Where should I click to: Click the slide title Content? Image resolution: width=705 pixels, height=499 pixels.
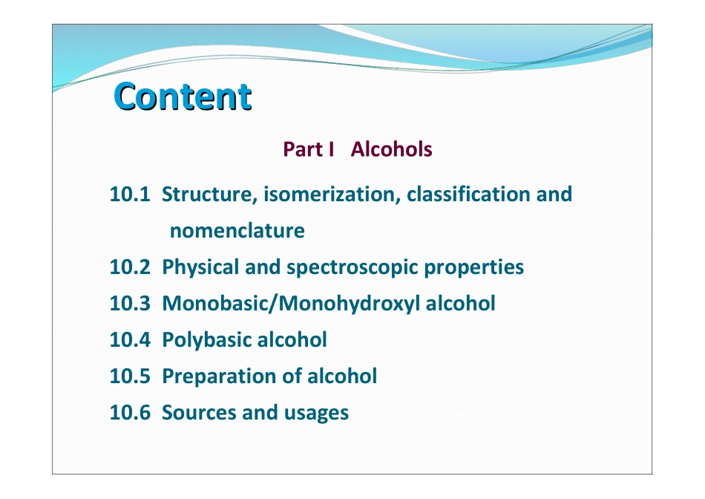(183, 97)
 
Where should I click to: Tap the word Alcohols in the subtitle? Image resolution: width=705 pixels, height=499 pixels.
(391, 149)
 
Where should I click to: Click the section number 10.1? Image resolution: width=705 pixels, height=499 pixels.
(130, 195)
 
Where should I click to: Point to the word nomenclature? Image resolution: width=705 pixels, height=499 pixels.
(237, 231)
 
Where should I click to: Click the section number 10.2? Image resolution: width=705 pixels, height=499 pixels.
(130, 267)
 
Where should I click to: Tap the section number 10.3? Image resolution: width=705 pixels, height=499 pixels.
(130, 304)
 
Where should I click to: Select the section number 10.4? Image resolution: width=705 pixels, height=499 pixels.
(130, 340)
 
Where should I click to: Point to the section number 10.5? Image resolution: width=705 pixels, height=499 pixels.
(130, 376)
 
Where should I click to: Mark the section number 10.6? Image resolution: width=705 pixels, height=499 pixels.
(130, 413)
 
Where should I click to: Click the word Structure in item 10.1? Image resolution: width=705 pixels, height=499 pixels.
(209, 195)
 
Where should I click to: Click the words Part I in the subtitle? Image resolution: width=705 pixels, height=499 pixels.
(304, 149)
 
